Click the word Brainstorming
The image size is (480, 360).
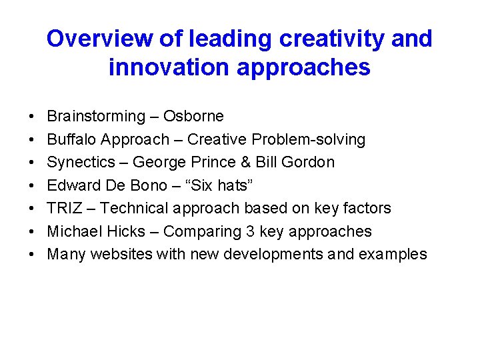96,117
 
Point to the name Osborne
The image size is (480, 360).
193,117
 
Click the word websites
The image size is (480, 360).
121,254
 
